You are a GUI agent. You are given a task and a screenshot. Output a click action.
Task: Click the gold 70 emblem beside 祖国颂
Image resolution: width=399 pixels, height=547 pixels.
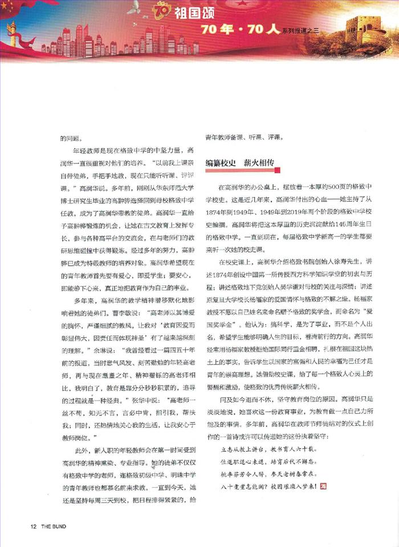click(163, 10)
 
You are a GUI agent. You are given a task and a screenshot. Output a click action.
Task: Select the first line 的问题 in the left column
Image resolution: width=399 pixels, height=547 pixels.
click(71, 137)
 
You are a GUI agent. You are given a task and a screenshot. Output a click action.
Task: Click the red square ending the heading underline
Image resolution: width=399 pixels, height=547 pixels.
click(277, 169)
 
